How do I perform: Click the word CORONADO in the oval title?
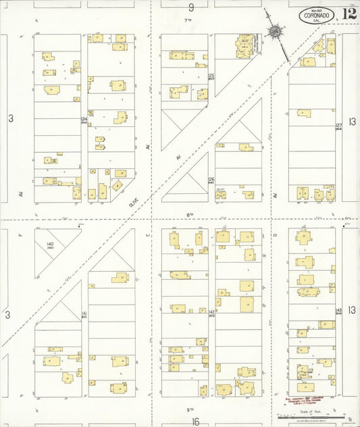click(x=316, y=14)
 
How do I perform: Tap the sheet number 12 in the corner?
click(x=349, y=14)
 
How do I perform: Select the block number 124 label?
click(x=84, y=120)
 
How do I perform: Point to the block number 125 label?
click(x=211, y=76)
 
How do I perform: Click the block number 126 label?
click(x=211, y=180)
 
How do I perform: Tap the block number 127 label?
click(x=338, y=126)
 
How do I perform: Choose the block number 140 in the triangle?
click(x=50, y=245)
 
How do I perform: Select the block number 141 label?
click(x=84, y=314)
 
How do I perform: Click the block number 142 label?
click(x=211, y=312)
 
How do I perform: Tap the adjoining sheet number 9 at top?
click(x=191, y=7)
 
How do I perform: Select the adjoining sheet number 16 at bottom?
click(x=195, y=421)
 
